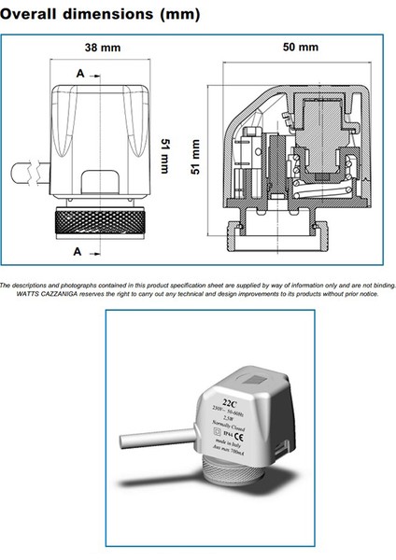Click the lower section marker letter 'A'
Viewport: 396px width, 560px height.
(76, 250)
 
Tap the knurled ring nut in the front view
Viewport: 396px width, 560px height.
(99, 224)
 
